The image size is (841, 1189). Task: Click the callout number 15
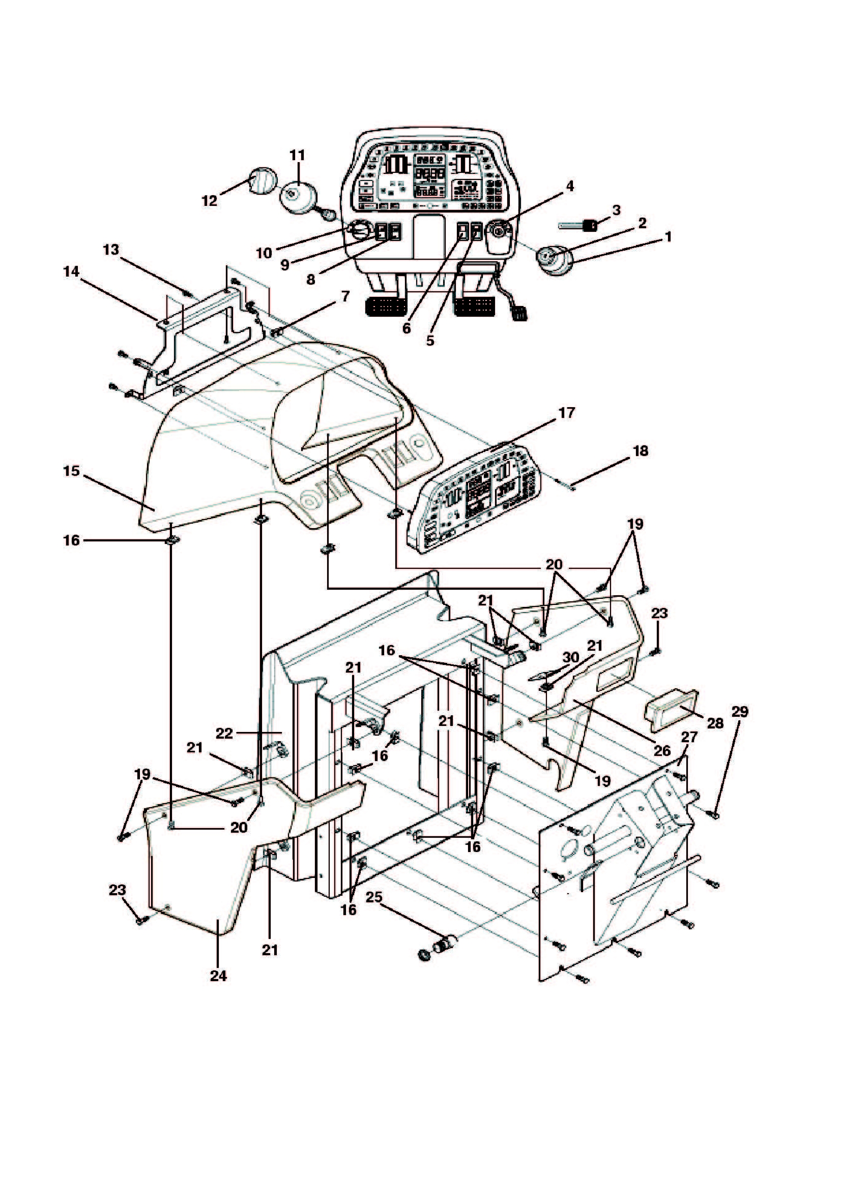(72, 471)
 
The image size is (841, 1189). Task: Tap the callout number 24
(218, 975)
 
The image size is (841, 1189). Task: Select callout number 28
(715, 723)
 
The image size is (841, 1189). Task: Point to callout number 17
(566, 413)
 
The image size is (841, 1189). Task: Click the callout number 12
(209, 200)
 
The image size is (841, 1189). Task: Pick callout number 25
(374, 897)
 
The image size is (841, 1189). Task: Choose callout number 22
(225, 734)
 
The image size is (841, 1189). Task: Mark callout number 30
(570, 657)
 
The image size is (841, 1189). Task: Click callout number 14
(72, 271)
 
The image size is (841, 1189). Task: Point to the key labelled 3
(577, 225)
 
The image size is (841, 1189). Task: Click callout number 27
(689, 737)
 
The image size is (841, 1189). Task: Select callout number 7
(345, 296)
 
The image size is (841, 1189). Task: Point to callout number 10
(264, 253)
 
